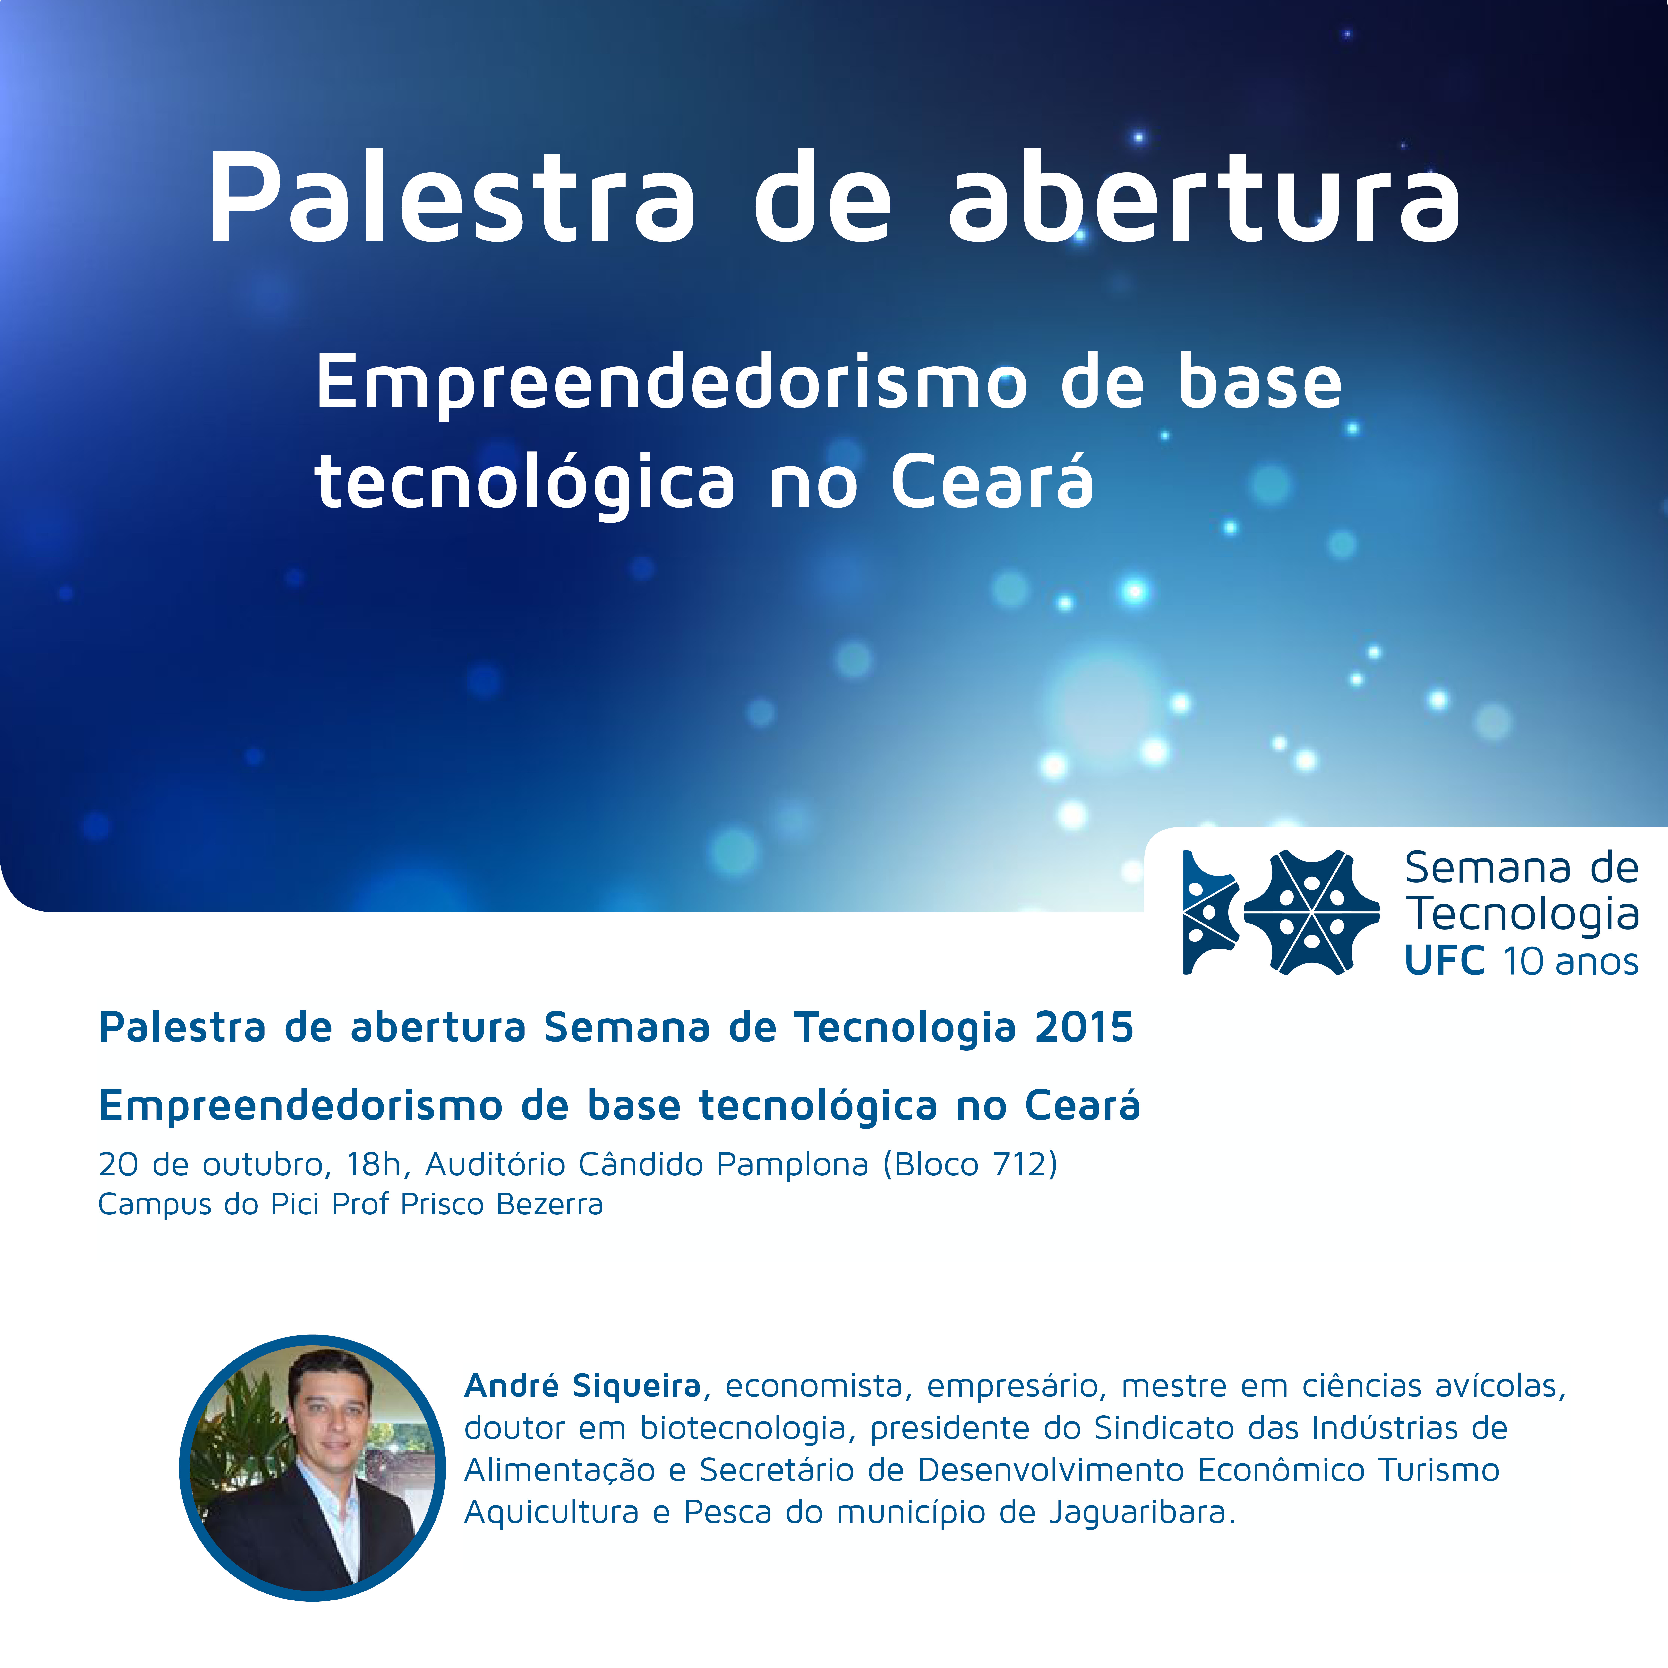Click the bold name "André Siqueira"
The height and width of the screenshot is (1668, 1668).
pyautogui.click(x=583, y=1386)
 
